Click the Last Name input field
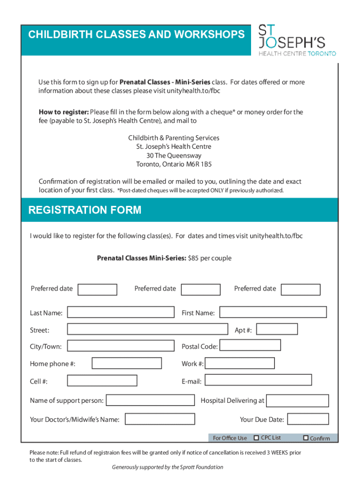point(121,312)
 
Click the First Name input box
point(273,312)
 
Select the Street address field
point(147,329)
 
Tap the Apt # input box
point(277,329)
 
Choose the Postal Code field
point(250,345)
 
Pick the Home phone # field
point(127,363)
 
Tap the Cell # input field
point(102,380)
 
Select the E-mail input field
point(258,380)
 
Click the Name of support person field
point(150,400)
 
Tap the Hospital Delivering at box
point(297,400)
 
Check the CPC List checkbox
point(256,438)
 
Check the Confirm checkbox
point(306,438)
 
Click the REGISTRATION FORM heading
point(85,210)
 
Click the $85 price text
point(194,258)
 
